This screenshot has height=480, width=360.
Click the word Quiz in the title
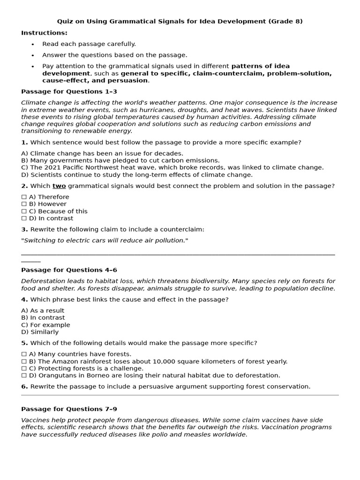tap(65, 21)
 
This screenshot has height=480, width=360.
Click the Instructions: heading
tap(44, 33)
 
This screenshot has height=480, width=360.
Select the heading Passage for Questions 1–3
tap(69, 91)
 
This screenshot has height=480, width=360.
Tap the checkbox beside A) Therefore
tap(24, 197)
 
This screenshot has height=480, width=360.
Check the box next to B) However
tap(24, 204)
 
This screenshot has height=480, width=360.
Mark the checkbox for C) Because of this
tap(24, 211)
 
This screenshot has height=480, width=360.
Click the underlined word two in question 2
tap(59, 186)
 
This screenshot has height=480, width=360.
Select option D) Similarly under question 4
tap(40, 331)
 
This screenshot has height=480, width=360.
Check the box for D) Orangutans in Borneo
tap(24, 375)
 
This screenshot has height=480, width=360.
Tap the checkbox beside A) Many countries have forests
tap(24, 354)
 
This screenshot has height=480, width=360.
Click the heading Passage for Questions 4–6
tap(69, 270)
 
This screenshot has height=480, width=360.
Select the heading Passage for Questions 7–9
tap(69, 409)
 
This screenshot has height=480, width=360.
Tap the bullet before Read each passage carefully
tap(33, 44)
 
